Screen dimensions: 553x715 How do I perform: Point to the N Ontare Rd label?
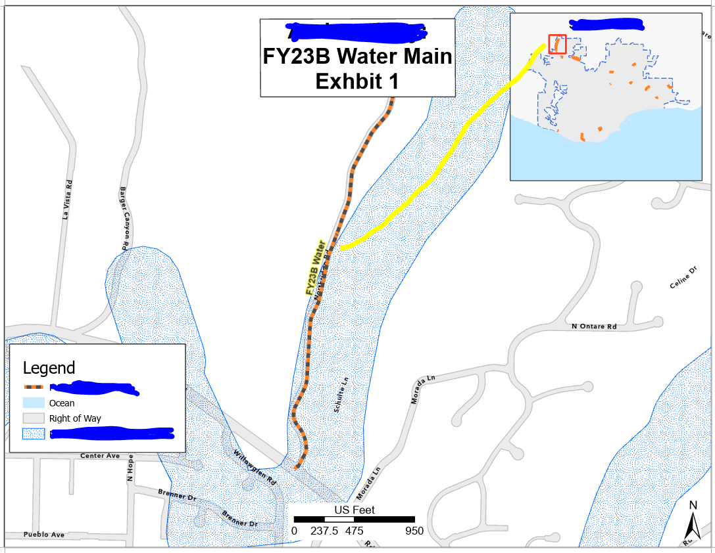(x=594, y=326)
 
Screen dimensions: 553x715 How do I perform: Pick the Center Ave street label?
(x=100, y=455)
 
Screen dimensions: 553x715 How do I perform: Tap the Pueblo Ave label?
(x=43, y=535)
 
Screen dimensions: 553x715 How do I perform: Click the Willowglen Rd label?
(x=255, y=468)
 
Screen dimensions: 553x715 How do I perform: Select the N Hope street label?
(x=130, y=468)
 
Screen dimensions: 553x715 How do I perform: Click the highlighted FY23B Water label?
(x=314, y=268)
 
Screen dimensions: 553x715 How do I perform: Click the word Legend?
(x=49, y=368)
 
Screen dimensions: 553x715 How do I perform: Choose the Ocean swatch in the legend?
(x=34, y=403)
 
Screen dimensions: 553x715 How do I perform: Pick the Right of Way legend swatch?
(x=34, y=418)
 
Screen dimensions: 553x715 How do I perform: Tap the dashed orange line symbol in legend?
(x=34, y=387)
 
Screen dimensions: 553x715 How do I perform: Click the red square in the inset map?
(x=557, y=44)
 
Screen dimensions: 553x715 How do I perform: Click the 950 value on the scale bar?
(x=414, y=531)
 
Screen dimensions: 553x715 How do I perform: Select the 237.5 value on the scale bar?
(x=324, y=531)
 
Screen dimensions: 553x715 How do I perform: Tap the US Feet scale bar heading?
(x=355, y=510)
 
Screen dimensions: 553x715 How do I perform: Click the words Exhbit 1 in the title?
(x=357, y=81)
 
